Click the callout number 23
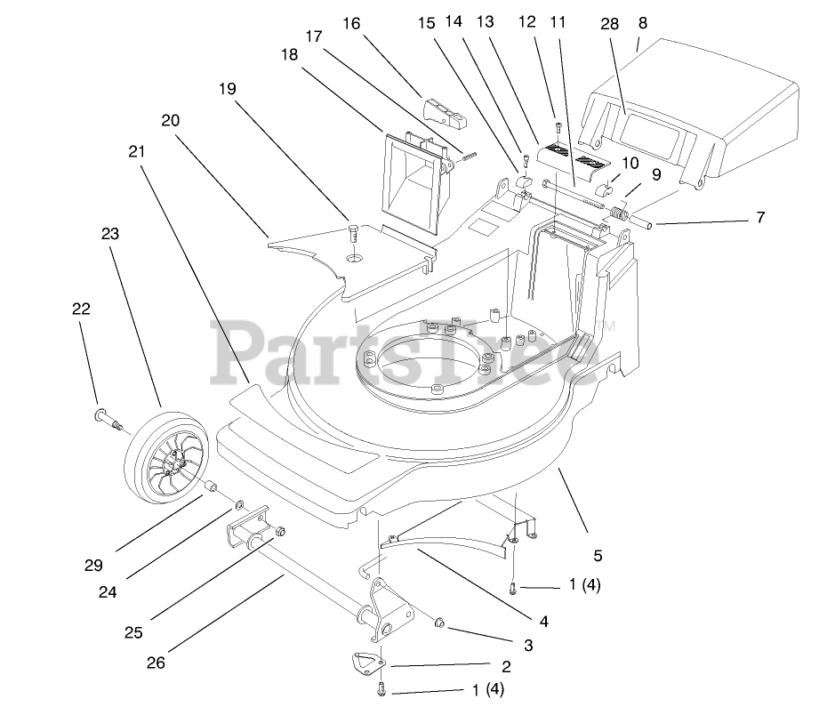pos(109,235)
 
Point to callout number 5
pos(598,556)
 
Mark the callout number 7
pos(760,216)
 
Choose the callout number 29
pos(94,565)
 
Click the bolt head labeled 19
pos(354,235)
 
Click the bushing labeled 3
pos(439,622)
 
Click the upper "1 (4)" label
pos(590,585)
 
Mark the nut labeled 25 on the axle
pos(279,532)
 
